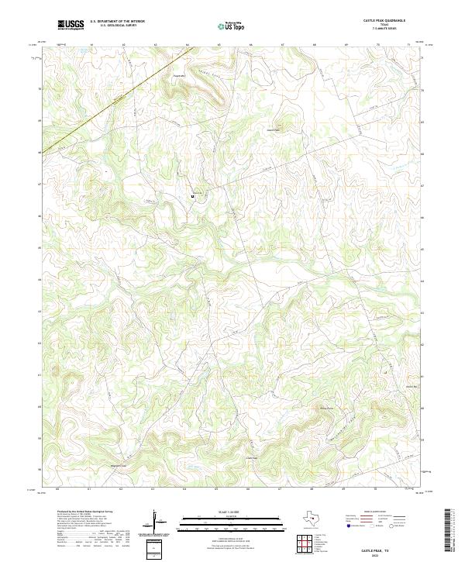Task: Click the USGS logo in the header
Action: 71,26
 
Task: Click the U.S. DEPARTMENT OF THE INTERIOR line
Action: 118,21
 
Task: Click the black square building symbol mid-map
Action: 192,197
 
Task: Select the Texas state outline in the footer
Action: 311,517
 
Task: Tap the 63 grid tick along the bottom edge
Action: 153,488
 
